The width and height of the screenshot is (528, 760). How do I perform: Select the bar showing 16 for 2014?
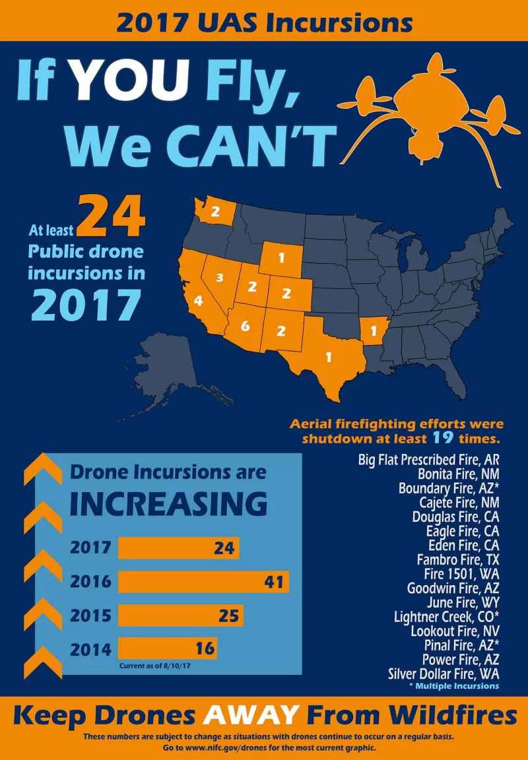click(x=168, y=648)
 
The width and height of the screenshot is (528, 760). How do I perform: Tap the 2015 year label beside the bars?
click(x=90, y=616)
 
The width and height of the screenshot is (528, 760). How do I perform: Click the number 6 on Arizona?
click(x=245, y=326)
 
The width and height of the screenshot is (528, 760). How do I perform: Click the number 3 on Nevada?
click(x=220, y=276)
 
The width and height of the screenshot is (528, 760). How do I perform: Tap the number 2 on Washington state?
click(x=215, y=212)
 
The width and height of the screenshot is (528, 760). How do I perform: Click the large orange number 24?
click(x=112, y=218)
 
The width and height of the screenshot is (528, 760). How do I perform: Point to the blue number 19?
click(x=440, y=437)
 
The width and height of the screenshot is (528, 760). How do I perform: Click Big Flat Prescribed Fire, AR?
click(x=429, y=459)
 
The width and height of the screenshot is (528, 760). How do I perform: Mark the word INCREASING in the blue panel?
click(x=168, y=505)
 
